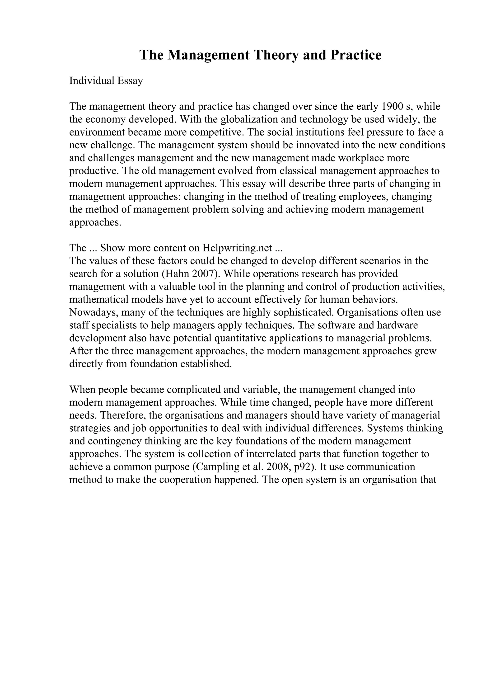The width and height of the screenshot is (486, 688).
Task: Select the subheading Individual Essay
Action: pos(106,81)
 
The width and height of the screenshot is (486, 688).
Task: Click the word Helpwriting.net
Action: pos(237,248)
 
